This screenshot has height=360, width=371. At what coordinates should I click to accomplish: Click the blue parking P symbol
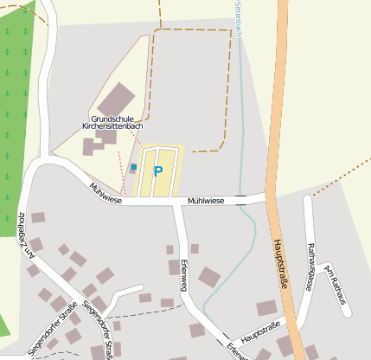pos(157,171)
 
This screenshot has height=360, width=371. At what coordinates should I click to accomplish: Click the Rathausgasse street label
pos(311,266)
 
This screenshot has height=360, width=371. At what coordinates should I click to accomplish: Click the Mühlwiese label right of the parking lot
pos(206,201)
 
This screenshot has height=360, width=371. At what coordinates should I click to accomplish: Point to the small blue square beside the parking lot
pos(133,166)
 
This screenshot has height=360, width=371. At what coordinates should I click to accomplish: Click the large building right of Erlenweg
pos(210,278)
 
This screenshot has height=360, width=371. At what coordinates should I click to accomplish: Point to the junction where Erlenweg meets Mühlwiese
pos(178,204)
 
